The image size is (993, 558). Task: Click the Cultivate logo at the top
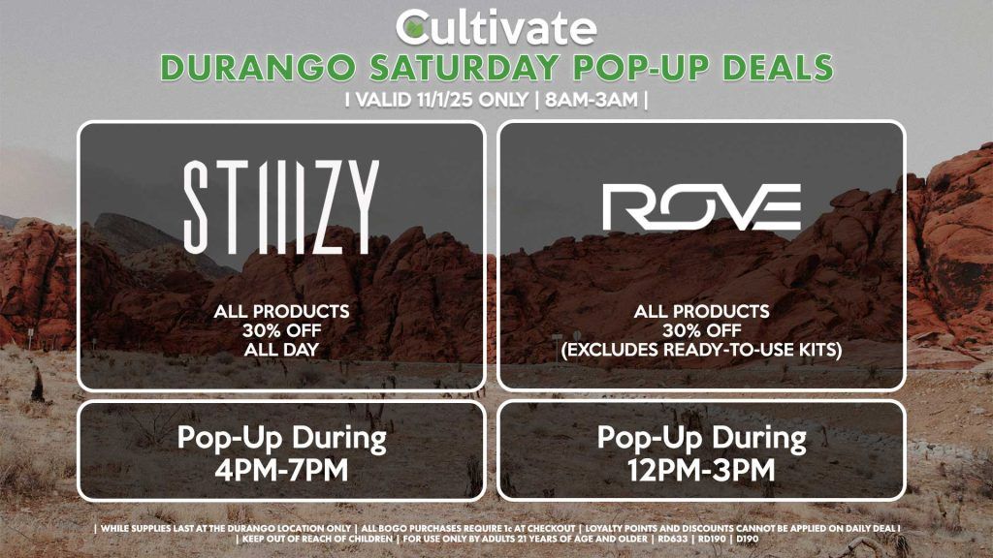pos(496,26)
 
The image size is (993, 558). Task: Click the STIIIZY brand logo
pos(280,207)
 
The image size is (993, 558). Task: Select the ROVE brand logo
pos(701,207)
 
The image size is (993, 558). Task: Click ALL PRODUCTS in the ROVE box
pos(701,311)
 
